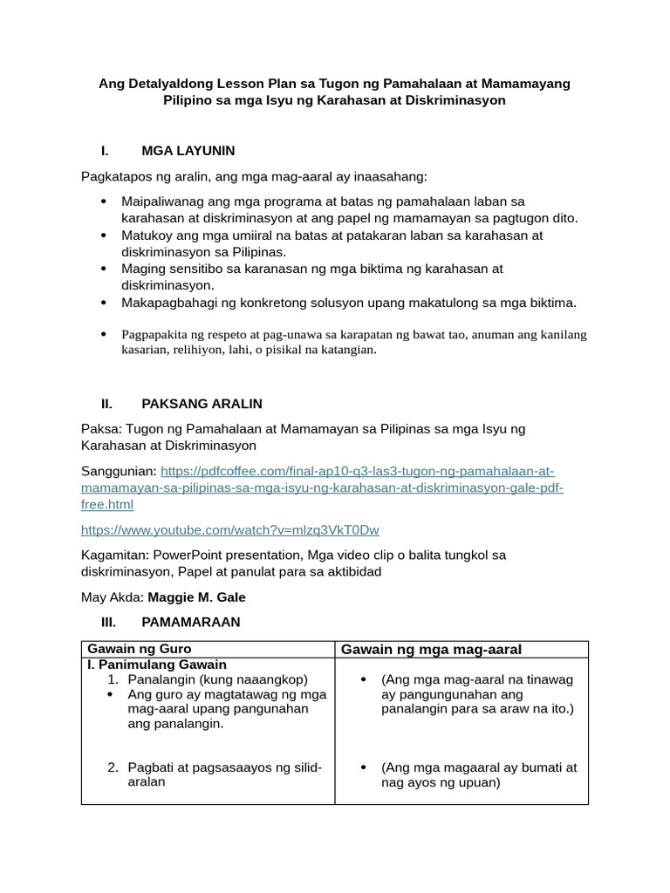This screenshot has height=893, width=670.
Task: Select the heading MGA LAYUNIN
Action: (188, 151)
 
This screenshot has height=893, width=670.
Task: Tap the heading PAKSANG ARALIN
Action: (202, 404)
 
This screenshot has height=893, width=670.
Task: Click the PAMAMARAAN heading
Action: (190, 622)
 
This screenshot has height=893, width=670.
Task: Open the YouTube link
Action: (230, 530)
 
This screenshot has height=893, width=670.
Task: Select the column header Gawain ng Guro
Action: (140, 650)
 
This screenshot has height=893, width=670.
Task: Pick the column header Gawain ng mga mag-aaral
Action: (431, 650)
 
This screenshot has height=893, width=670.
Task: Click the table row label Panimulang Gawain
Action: (161, 665)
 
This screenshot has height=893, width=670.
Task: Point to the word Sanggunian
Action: (119, 471)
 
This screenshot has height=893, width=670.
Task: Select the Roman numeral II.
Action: (107, 404)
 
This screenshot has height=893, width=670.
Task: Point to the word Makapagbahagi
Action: (167, 303)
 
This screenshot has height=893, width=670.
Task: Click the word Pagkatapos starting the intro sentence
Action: (117, 177)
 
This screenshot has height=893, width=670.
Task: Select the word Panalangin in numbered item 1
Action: (161, 679)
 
